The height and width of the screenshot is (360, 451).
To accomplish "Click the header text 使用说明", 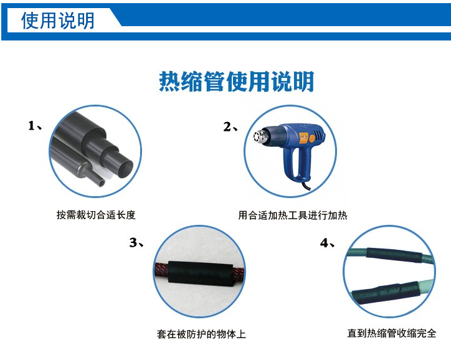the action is coord(57,21).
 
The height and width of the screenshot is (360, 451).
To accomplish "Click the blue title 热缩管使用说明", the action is coord(236,82).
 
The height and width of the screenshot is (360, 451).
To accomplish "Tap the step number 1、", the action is coord(35,126).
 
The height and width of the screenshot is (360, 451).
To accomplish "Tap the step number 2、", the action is coord(230,127).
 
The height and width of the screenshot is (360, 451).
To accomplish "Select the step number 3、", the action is coord(136,243).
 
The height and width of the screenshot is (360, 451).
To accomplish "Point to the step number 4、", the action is coord(327,243).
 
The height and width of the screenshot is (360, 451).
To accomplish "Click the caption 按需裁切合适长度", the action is coord(96,215).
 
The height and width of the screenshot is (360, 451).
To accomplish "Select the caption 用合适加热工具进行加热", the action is coord(293,216).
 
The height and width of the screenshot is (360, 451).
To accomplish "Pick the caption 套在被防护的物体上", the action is coord(201,334).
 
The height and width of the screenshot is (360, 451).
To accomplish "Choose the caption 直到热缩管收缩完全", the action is coord(392,333).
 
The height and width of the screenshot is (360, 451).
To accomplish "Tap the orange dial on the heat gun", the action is coord(312,139).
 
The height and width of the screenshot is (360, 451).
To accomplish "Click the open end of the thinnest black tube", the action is coord(101,182).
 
